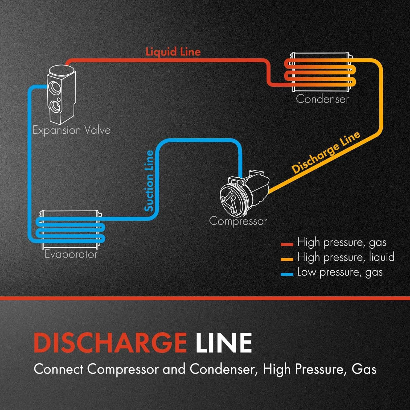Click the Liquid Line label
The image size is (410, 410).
[x=173, y=52]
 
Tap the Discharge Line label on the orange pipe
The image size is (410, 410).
[x=326, y=152]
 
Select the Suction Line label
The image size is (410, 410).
[x=149, y=181]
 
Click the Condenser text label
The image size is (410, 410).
[x=322, y=99]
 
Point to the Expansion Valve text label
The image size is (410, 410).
[x=72, y=130]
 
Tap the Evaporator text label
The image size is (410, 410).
[x=71, y=254]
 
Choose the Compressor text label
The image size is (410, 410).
[x=238, y=221]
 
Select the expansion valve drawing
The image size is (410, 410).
[x=61, y=94]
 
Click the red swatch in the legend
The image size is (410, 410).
[x=287, y=244]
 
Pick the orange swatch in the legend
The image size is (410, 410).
[x=287, y=259]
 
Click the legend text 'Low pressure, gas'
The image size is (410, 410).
[x=340, y=272]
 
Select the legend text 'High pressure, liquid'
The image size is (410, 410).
[x=346, y=257]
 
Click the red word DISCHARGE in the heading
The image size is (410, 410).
[x=110, y=342]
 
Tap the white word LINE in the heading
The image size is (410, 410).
[x=224, y=342]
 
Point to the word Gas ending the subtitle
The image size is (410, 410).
[x=364, y=369]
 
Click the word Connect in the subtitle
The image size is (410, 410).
[x=58, y=369]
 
